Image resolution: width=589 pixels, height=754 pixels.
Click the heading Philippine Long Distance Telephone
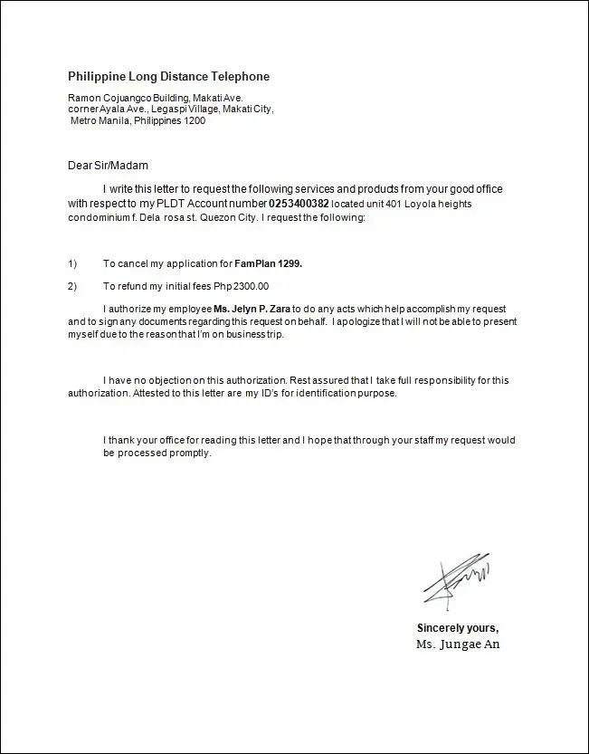(x=168, y=77)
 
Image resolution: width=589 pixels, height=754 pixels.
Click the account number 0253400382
(x=299, y=204)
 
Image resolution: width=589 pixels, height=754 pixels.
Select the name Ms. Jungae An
(x=457, y=644)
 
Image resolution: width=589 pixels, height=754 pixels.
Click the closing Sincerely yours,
(x=458, y=627)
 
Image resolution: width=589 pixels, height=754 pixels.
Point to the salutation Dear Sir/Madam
(x=108, y=166)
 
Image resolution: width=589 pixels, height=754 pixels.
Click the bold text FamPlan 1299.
(x=268, y=263)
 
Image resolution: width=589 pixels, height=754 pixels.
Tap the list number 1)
(x=73, y=263)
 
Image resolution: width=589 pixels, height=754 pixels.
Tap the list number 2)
(x=73, y=286)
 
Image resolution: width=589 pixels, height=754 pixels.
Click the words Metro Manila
(x=100, y=120)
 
